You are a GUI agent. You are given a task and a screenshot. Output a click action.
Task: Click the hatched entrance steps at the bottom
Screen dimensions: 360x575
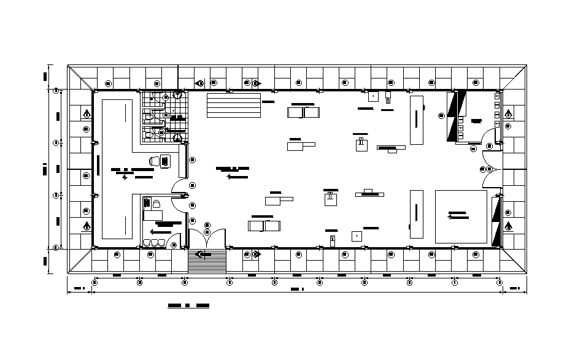(207, 262)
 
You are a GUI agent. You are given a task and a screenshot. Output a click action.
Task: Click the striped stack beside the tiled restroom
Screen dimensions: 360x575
(234, 105)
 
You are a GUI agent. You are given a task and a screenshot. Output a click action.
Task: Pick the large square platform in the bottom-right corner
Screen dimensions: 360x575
(461, 216)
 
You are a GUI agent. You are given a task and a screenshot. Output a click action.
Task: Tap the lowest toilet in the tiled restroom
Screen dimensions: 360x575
(149, 132)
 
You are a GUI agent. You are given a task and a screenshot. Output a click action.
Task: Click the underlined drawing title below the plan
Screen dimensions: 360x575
(188, 305)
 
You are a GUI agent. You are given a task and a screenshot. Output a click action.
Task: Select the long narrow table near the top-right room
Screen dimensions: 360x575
(417, 119)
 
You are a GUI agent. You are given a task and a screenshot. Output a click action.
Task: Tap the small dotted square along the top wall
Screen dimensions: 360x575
(373, 96)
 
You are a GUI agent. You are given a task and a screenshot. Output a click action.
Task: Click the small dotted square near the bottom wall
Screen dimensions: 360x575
(355, 235)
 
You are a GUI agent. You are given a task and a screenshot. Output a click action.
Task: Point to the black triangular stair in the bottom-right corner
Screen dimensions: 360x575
(496, 220)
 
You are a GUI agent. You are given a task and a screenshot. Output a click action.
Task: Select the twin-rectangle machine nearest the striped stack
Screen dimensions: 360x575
(303, 112)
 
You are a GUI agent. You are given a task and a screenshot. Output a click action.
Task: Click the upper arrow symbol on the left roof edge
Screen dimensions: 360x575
(87, 113)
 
